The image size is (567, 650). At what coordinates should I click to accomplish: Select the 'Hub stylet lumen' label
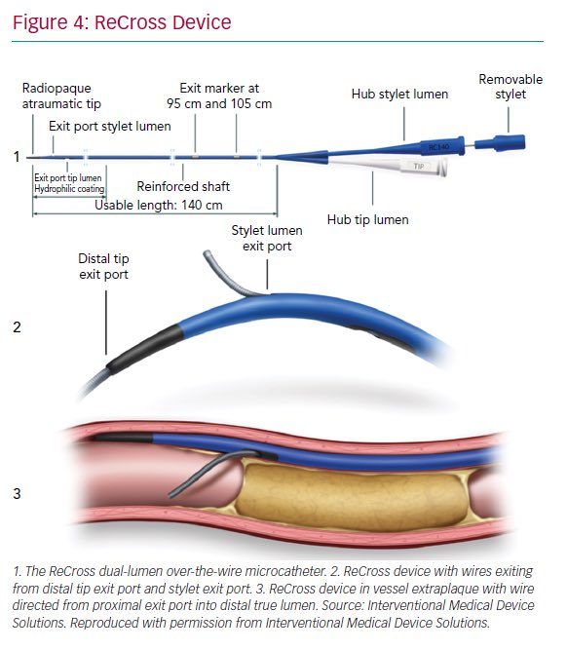tap(399, 94)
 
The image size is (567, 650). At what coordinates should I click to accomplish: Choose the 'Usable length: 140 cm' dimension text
tap(158, 206)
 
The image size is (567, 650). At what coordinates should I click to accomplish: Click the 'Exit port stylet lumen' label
tap(111, 126)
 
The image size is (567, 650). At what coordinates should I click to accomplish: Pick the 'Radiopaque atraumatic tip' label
tap(61, 96)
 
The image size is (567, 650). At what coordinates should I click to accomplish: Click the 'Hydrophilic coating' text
tap(68, 188)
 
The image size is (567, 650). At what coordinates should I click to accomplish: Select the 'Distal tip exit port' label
tap(103, 267)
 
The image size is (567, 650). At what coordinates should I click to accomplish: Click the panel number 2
tap(17, 327)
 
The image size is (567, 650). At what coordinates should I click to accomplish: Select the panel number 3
tap(17, 493)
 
